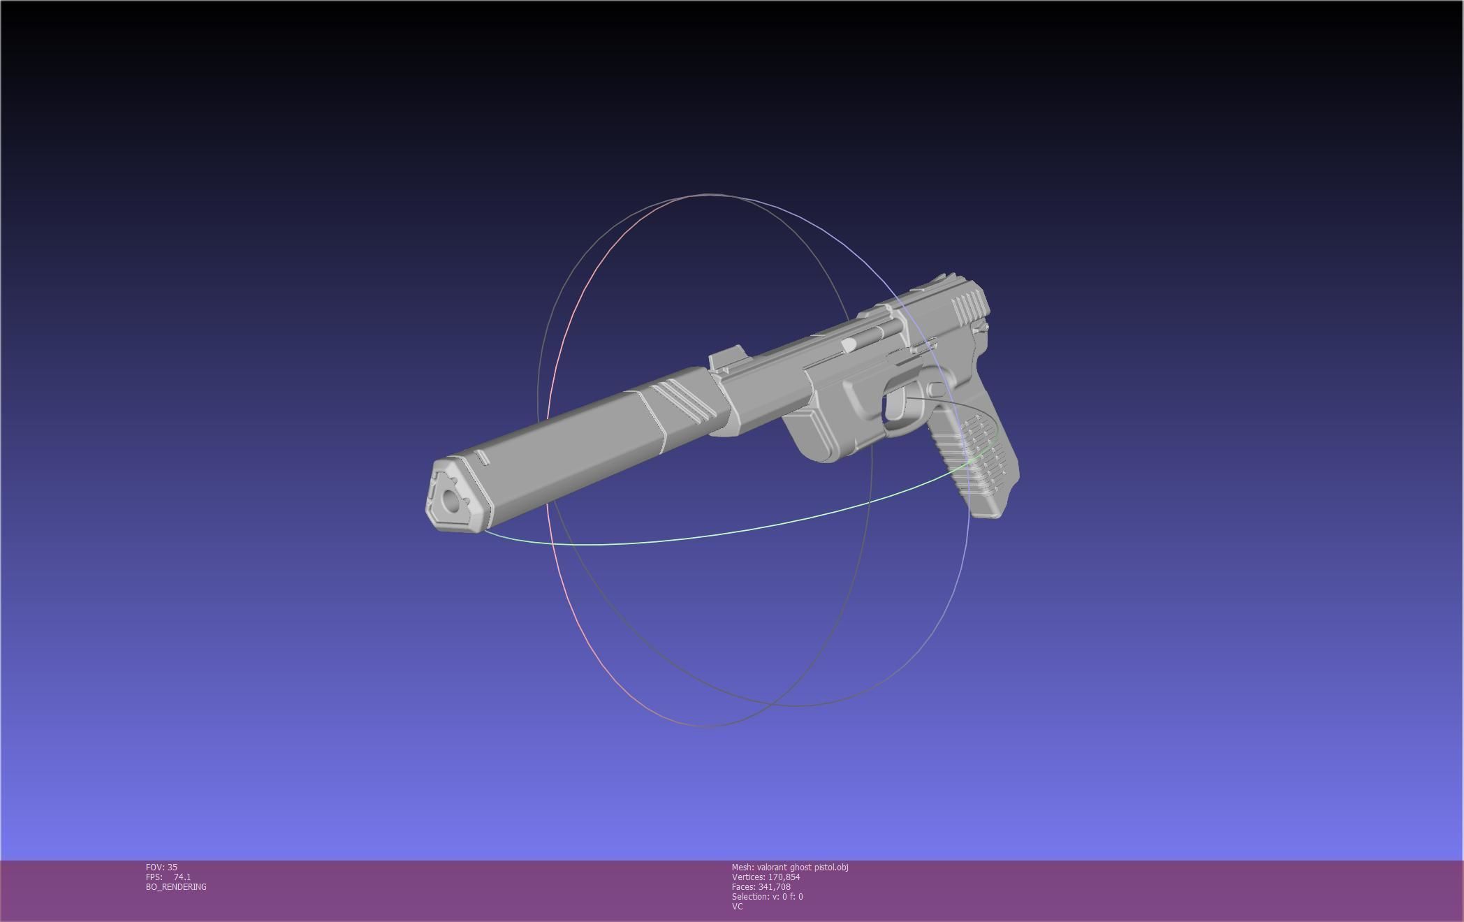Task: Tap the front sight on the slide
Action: point(724,359)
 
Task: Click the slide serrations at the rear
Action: point(967,305)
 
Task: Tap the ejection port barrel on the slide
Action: point(851,344)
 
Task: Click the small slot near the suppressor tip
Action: point(483,458)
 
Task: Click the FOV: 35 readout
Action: point(161,868)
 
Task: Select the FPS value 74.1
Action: point(182,877)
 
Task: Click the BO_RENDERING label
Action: point(176,887)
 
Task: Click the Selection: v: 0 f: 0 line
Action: point(767,897)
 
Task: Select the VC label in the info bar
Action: point(737,907)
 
